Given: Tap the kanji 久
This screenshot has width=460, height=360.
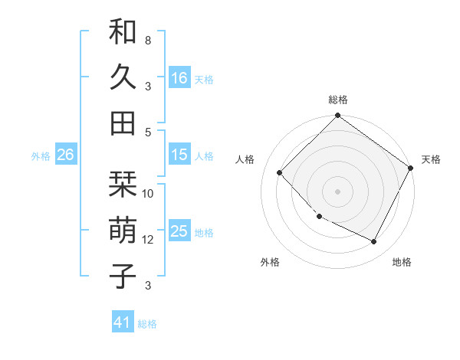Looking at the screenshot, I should [123, 77].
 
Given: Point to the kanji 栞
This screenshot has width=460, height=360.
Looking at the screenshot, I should [123, 185].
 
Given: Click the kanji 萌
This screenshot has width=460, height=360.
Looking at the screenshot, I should [123, 231].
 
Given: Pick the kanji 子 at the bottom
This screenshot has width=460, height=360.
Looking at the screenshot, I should [123, 275].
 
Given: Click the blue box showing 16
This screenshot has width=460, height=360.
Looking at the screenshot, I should [179, 77].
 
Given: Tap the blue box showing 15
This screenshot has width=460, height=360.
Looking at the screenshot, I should [179, 155].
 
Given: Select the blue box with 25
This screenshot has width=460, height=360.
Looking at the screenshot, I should [179, 231].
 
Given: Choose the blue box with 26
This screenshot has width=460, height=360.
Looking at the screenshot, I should [65, 155].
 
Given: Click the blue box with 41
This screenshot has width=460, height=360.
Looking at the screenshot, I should [123, 322].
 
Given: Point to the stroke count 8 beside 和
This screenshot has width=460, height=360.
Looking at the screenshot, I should [148, 39].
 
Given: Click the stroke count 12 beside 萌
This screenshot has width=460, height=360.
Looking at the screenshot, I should [148, 240].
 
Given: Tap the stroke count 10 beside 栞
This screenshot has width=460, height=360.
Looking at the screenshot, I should [148, 194].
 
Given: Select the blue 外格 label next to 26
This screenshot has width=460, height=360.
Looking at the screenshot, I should [41, 155].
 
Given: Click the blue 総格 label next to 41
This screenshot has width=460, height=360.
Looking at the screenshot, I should [147, 323].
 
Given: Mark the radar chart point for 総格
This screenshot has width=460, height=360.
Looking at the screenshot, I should [337, 117].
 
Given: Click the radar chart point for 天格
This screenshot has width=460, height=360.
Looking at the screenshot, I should [410, 168].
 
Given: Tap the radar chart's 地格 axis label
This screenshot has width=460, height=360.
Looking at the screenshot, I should [402, 262].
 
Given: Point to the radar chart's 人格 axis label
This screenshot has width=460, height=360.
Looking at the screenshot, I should [245, 159].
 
